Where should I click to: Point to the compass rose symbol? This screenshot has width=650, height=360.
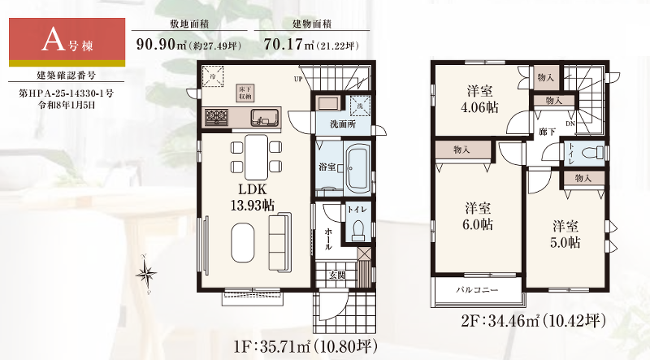(x=146, y=273)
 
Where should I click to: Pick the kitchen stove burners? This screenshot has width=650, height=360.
(x=217, y=118)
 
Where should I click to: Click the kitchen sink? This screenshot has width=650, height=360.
(x=263, y=116)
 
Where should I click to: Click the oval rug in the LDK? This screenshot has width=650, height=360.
(x=242, y=243)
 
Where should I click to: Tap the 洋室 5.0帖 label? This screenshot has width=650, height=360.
(x=566, y=234)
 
